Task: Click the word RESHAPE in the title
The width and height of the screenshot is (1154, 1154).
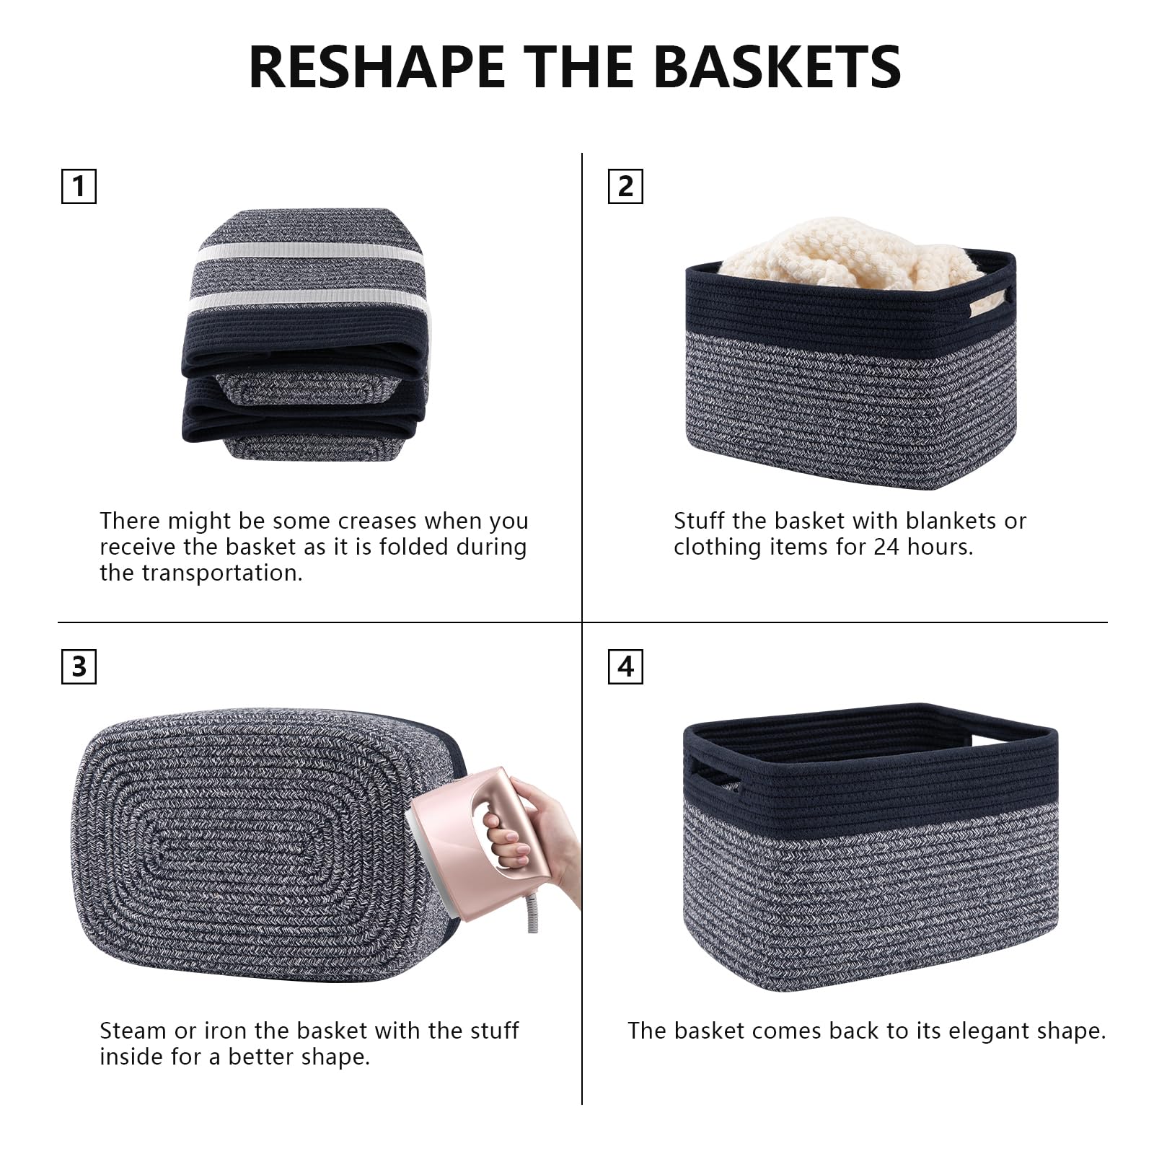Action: click(x=376, y=67)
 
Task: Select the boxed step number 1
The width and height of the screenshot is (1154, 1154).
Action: click(x=79, y=187)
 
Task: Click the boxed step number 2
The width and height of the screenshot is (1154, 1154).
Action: click(x=625, y=187)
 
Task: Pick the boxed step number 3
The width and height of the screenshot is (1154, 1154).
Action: click(x=79, y=666)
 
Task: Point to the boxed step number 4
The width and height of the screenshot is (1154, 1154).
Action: click(x=625, y=666)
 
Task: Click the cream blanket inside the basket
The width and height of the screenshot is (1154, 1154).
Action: click(x=851, y=256)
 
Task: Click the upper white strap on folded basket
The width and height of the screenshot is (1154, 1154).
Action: click(x=309, y=254)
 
